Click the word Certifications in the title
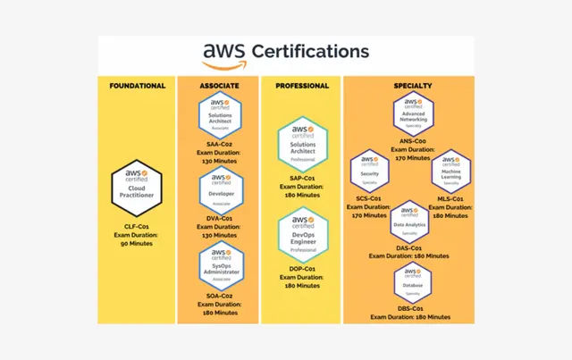pyautogui.click(x=311, y=52)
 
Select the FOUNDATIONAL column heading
pyautogui.click(x=137, y=86)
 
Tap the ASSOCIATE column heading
pyautogui.click(x=218, y=86)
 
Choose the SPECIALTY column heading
pyautogui.click(x=412, y=86)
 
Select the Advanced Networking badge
pyautogui.click(x=412, y=115)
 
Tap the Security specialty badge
pyautogui.click(x=369, y=171)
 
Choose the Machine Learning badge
pyautogui.click(x=452, y=171)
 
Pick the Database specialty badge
pyautogui.click(x=412, y=282)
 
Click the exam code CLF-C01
pyautogui.click(x=137, y=228)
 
